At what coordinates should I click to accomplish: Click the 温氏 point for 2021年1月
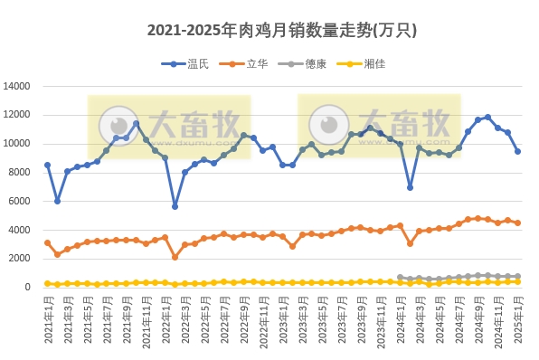47,166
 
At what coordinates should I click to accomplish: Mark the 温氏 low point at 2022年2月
175,206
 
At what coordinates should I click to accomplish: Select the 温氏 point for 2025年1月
517,151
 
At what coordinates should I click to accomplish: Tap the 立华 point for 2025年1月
517,223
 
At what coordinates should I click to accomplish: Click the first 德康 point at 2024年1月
400,278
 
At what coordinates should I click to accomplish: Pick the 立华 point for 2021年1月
47,242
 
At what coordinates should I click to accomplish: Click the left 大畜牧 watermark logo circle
118,125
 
